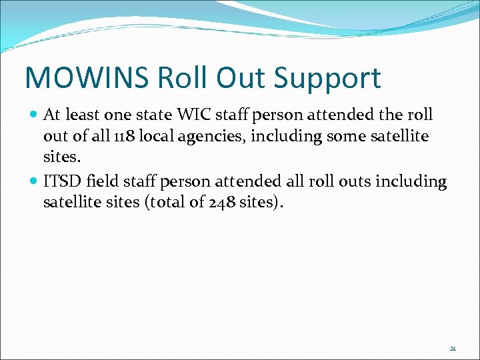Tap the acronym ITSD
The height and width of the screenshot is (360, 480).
[62, 181]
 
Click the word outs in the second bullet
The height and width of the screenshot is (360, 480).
[361, 181]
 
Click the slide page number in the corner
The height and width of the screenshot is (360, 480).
[453, 347]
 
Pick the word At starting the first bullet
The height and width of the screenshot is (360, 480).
[52, 115]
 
